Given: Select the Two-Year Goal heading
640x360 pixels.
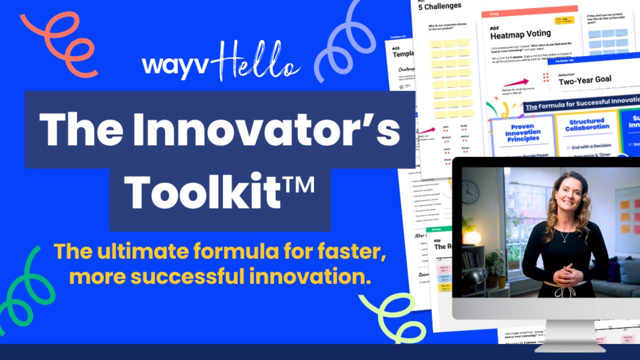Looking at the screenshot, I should (585, 80).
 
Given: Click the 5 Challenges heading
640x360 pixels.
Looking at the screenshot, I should (439, 6).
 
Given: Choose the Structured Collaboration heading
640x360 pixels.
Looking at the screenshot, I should (586, 124).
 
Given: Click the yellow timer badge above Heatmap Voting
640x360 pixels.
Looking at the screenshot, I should (564, 21).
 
